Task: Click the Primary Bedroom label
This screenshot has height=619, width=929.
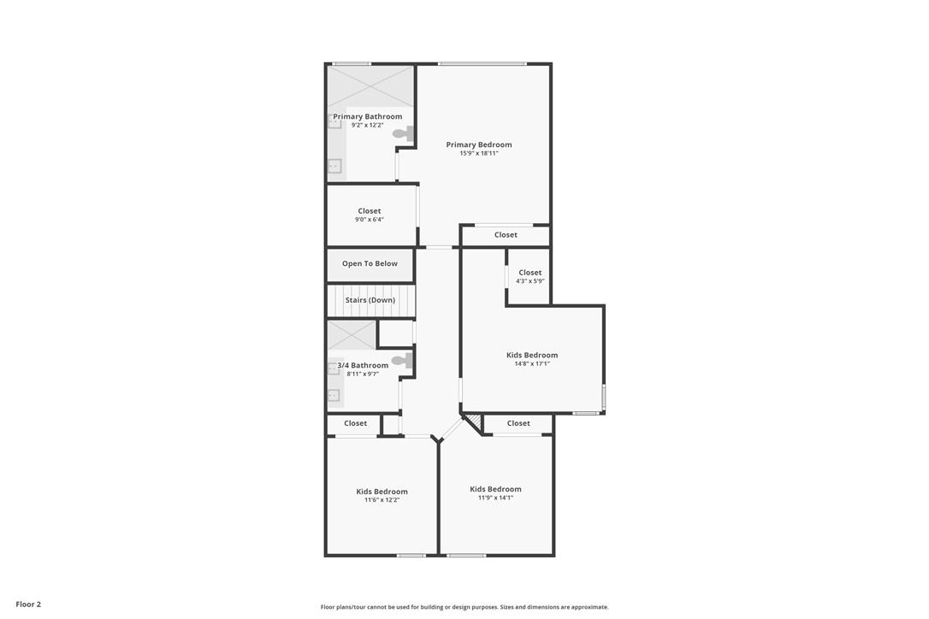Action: coord(479,144)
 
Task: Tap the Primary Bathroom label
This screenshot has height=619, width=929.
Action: coord(367,116)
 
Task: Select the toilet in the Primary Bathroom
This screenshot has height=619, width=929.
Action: coord(404,133)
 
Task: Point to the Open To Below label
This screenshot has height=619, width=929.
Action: coord(370,263)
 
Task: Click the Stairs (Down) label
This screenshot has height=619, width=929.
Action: coord(370,300)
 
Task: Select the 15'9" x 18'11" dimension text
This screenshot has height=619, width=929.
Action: coord(479,153)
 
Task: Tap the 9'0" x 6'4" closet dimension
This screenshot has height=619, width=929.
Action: coord(369,220)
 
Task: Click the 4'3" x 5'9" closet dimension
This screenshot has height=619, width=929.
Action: coord(530,281)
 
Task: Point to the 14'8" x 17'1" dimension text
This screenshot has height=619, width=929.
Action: coord(532,363)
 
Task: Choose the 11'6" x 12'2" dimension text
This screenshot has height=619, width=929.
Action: coord(382,500)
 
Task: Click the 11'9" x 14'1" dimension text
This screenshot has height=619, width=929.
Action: coord(495,498)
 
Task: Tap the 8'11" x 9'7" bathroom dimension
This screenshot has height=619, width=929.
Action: coord(363,374)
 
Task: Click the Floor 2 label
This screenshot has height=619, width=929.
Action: coord(28,604)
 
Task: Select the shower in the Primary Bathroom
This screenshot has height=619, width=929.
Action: coord(370,86)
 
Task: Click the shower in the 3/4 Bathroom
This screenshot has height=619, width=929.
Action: coord(352,335)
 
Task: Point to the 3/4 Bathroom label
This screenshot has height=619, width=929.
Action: coord(363,365)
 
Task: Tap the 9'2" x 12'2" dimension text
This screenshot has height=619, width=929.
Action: coord(367,126)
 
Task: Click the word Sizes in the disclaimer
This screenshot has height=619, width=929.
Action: coord(506,607)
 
